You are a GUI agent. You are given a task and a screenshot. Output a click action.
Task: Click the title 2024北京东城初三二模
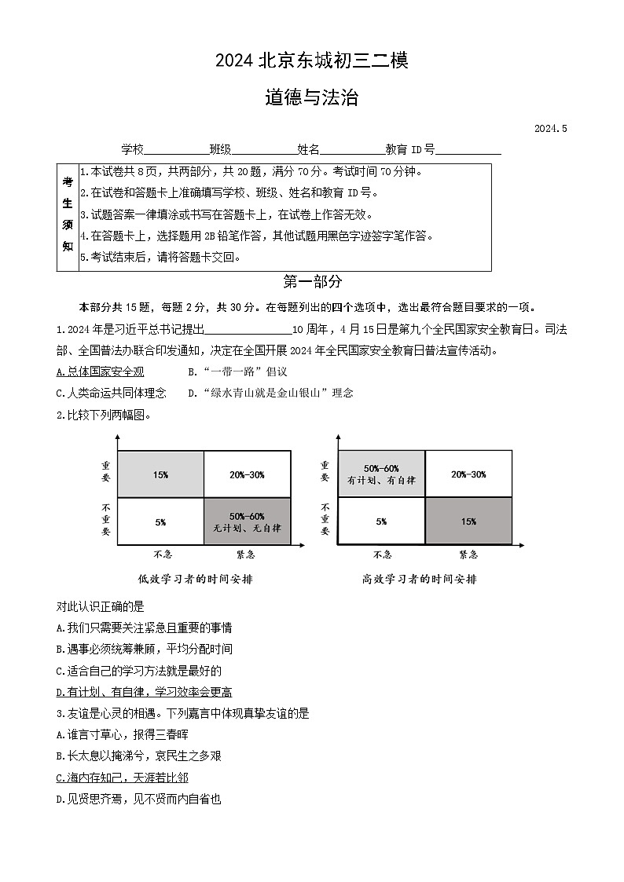coord(311,60)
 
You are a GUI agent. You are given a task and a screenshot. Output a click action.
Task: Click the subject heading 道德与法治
coord(311,97)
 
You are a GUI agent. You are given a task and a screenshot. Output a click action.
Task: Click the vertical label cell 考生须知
coord(68,216)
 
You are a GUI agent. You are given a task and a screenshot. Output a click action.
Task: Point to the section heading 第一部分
coord(312,282)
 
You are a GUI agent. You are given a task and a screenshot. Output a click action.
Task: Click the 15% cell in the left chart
coord(160,474)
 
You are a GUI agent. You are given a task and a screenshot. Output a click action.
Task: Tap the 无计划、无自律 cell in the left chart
coord(247,522)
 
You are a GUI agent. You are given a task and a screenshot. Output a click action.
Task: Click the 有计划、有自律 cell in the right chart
coord(382,474)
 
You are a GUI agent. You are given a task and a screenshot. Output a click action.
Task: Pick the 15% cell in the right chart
coord(468,521)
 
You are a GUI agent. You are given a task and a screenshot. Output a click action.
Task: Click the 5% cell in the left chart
coord(160,521)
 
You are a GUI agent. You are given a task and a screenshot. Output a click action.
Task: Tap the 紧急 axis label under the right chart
coord(468,554)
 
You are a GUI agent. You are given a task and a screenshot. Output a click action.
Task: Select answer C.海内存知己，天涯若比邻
coord(123,778)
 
